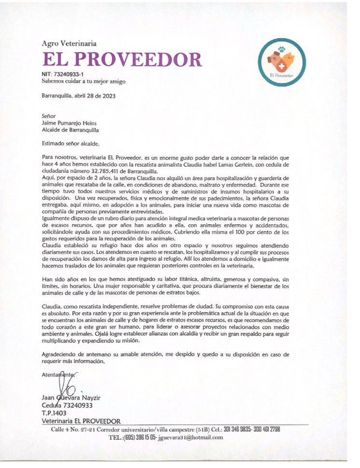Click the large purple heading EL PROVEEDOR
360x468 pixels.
[122, 60]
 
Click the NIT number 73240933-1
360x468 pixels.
[69, 74]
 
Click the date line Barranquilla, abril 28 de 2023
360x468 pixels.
[79, 96]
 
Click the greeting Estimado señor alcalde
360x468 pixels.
[70, 143]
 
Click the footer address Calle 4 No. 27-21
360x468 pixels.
[77, 429]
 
